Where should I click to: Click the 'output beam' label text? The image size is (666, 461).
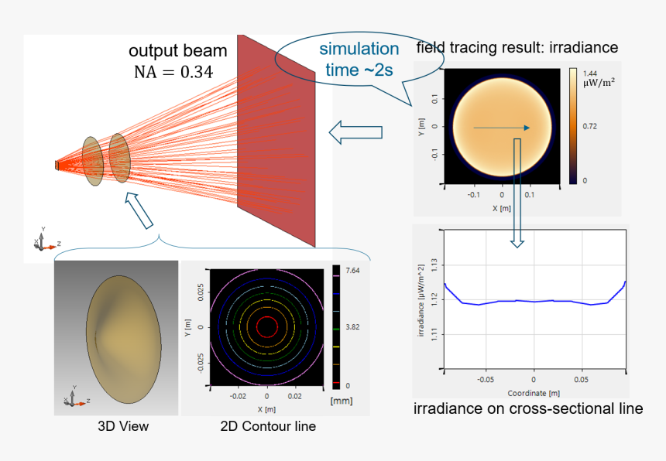pyautogui.click(x=177, y=51)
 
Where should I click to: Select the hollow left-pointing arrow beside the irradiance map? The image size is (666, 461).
pyautogui.click(x=355, y=131)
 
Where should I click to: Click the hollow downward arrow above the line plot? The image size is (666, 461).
pyautogui.click(x=517, y=232)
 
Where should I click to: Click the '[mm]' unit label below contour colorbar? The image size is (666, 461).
pyautogui.click(x=341, y=401)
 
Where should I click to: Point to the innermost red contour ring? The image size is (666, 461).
pyautogui.click(x=266, y=327)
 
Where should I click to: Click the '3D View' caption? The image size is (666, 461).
pyautogui.click(x=123, y=426)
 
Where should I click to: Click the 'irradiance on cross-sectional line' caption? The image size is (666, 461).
pyautogui.click(x=528, y=408)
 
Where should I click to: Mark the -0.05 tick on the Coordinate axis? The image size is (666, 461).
pyautogui.click(x=486, y=380)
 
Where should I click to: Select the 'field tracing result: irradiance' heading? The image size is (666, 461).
pyautogui.click(x=517, y=48)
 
